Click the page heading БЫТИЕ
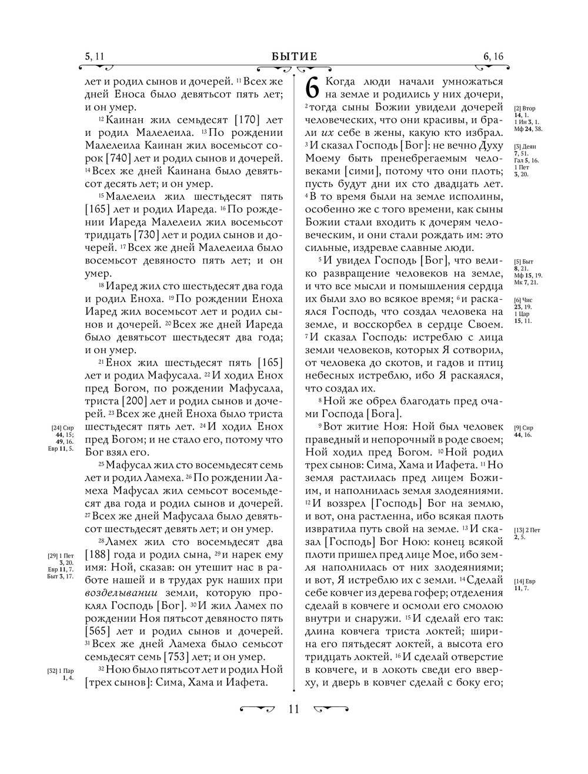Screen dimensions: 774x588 click(294, 56)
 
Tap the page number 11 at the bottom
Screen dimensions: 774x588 click(294, 709)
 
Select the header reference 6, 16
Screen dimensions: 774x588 click(493, 56)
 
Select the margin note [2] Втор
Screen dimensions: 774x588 click(524, 109)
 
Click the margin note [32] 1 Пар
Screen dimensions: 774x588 click(61, 670)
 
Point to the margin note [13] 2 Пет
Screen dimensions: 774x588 click(527, 530)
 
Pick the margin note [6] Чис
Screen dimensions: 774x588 click(523, 300)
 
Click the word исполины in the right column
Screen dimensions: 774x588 click(476, 196)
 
